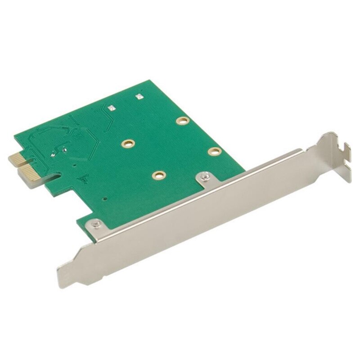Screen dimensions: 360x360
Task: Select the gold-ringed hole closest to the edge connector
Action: pyautogui.click(x=128, y=144)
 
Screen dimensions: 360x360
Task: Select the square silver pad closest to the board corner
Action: pyautogui.click(x=139, y=96)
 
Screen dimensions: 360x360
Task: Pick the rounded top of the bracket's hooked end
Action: pyautogui.click(x=332, y=135)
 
